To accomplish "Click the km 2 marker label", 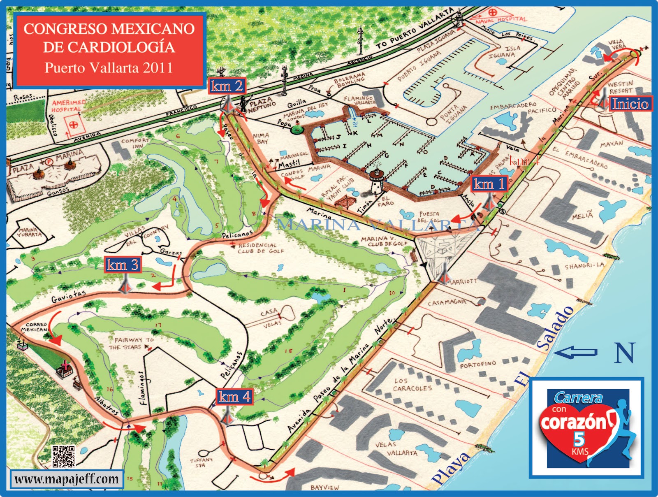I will pyautogui.click(x=227, y=86).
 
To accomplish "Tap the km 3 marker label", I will pyautogui.click(x=123, y=265).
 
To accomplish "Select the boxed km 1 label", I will pyautogui.click(x=489, y=184).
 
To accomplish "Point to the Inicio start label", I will pyautogui.click(x=630, y=104).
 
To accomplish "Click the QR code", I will pyautogui.click(x=63, y=456).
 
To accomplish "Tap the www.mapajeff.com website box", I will pyautogui.click(x=67, y=479).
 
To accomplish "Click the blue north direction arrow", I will pyautogui.click(x=575, y=352).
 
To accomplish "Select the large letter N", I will pyautogui.click(x=625, y=353).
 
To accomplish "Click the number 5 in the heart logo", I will pyautogui.click(x=579, y=439).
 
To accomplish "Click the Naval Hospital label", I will pyautogui.click(x=501, y=20).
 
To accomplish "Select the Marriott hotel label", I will pyautogui.click(x=463, y=281).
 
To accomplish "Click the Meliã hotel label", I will pyautogui.click(x=582, y=215).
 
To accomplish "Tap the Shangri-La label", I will pyautogui.click(x=584, y=266).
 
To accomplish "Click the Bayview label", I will pyautogui.click(x=325, y=487).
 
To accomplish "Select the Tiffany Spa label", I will pyautogui.click(x=201, y=462).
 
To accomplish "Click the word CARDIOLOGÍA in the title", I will pyautogui.click(x=109, y=47).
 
